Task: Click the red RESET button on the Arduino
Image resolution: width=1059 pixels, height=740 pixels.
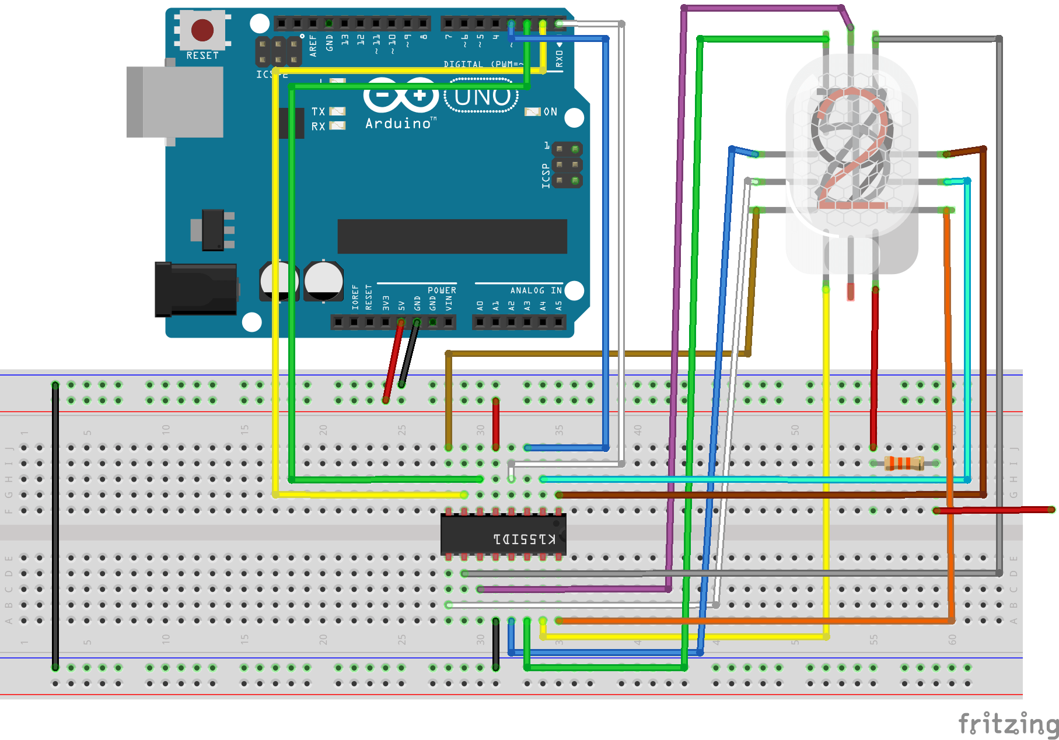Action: pos(202,30)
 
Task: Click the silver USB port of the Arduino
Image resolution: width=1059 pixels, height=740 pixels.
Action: pos(175,102)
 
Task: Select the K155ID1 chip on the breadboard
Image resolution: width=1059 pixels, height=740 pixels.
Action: pos(503,535)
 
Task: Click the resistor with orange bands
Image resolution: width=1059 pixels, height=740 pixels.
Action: pos(904,464)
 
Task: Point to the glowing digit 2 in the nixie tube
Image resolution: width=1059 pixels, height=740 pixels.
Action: pos(852,149)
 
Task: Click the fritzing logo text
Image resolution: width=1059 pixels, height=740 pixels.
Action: pos(1008,724)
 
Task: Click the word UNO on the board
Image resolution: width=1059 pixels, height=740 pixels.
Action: pos(482,97)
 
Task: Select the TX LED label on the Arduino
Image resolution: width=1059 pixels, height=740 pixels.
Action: pos(318,111)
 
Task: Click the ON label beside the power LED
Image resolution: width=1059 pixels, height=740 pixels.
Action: pos(550,111)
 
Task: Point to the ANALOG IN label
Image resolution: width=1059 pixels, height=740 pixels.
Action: pos(536,290)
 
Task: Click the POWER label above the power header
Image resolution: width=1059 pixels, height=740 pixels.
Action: pos(442,290)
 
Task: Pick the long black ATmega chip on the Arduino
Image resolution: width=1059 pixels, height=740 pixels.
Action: pos(452,236)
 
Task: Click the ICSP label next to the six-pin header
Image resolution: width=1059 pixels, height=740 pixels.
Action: pos(546,176)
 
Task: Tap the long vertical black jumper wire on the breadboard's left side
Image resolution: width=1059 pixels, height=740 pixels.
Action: pos(55,525)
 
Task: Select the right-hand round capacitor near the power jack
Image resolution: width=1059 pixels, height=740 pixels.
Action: pos(323,280)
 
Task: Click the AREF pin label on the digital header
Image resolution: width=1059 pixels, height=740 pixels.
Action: pos(313,45)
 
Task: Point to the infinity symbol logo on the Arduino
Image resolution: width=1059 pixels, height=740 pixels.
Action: pos(401,95)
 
